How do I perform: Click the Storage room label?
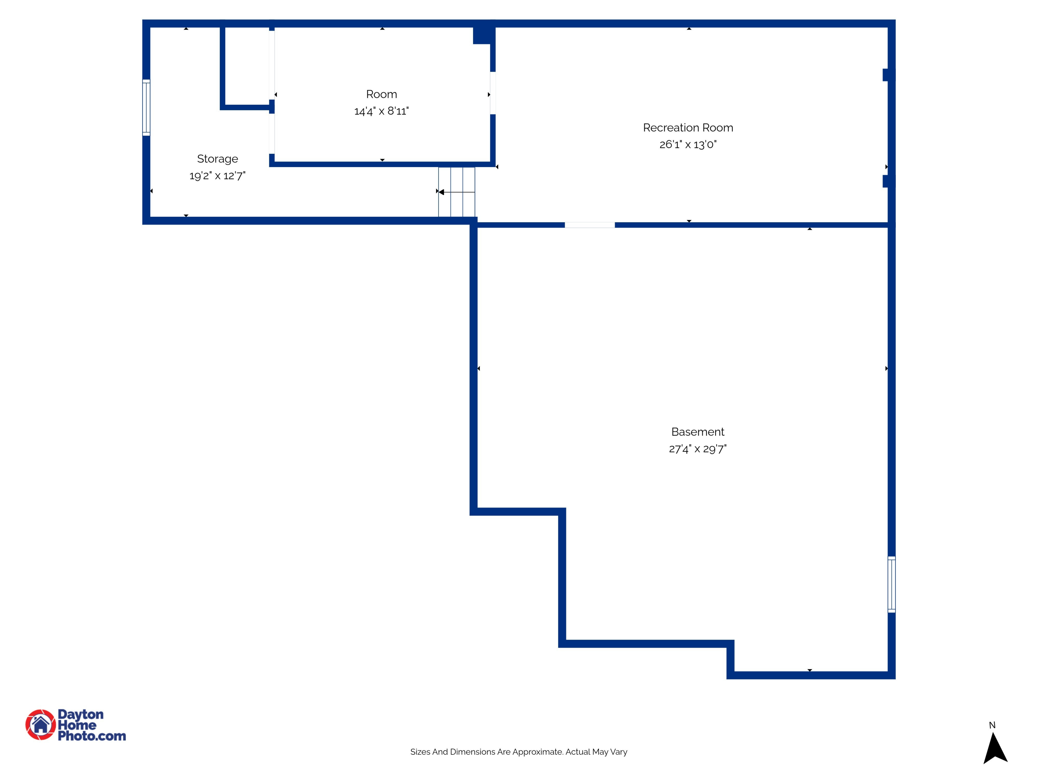217,159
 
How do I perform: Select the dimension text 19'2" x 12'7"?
217,176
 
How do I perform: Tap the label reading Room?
382,94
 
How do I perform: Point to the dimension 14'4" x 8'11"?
382,111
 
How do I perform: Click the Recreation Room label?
688,128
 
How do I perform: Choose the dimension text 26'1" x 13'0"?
688,145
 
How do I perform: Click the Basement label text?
698,432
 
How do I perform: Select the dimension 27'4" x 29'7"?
698,449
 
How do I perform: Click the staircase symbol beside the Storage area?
457,192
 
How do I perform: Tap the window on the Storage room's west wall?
146,108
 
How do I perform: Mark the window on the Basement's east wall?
892,584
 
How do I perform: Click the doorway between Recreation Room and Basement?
589,225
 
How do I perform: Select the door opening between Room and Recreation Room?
493,93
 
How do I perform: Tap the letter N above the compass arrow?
992,725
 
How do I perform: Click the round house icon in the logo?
40,724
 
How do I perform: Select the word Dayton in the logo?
80,714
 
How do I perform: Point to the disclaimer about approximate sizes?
519,752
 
